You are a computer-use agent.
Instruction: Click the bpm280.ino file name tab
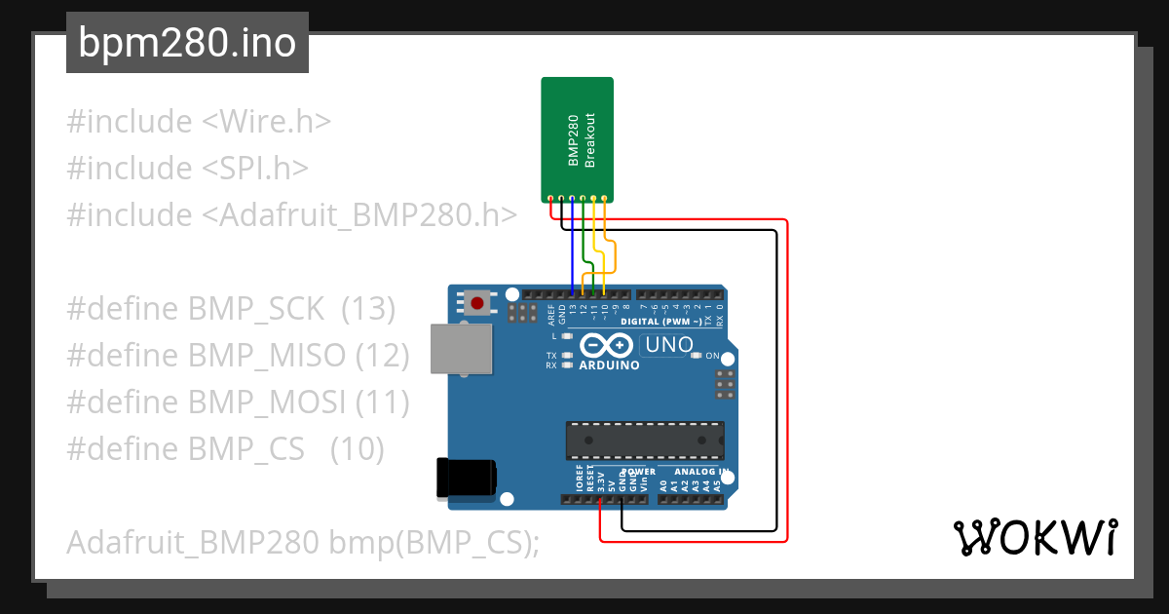point(187,43)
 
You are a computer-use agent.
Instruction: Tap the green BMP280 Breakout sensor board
point(577,136)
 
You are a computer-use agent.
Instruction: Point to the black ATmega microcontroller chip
point(645,440)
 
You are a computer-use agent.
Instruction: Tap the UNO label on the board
point(669,345)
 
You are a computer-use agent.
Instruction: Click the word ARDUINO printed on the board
point(609,366)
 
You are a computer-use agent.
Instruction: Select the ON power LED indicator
point(696,356)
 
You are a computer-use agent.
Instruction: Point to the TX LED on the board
point(567,356)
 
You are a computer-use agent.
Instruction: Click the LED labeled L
point(567,335)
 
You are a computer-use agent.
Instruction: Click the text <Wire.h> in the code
point(266,122)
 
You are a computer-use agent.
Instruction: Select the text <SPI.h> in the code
point(255,168)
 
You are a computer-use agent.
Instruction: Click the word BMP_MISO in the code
point(268,356)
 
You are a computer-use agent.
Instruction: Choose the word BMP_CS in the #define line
point(246,449)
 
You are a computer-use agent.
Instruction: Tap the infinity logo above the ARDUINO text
point(608,345)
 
